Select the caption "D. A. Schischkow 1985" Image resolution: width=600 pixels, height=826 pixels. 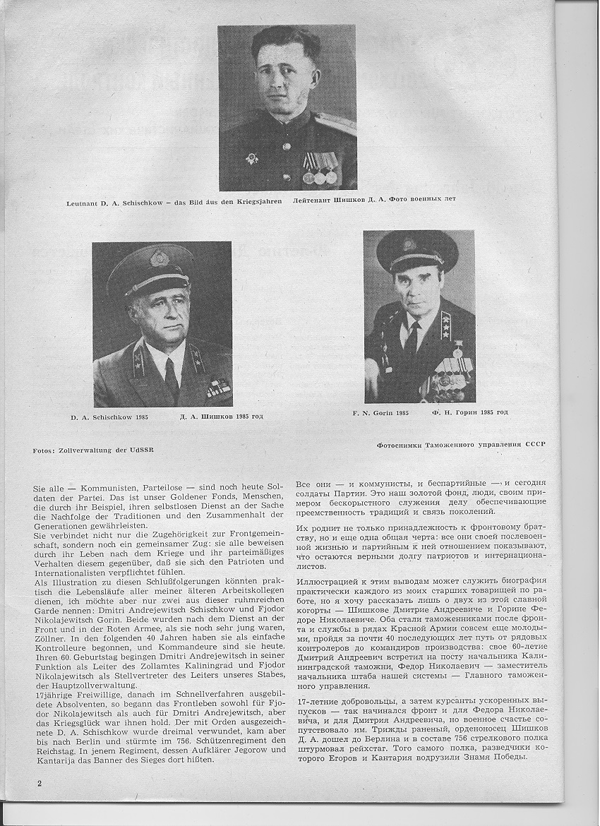click(x=109, y=418)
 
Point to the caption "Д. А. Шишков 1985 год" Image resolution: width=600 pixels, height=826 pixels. click(x=216, y=417)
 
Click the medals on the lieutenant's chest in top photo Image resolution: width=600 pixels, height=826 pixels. click(x=320, y=169)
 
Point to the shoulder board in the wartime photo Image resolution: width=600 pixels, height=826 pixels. click(x=335, y=124)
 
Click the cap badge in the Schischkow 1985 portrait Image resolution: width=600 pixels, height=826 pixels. click(x=159, y=257)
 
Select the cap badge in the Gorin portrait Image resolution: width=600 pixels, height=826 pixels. click(x=409, y=245)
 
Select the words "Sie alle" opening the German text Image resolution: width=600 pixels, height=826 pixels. click(x=48, y=489)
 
